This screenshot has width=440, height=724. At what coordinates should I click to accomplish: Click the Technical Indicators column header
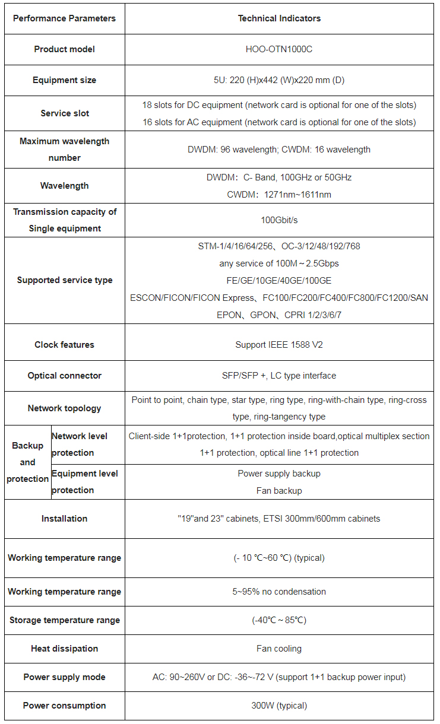tap(279, 18)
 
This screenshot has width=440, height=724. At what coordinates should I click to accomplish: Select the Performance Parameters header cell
tap(64, 18)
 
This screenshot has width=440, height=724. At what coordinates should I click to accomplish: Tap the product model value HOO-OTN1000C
tap(279, 49)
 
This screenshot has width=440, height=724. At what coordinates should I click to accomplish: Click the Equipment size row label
tap(64, 80)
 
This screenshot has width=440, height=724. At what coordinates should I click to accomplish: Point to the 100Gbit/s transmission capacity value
tap(279, 220)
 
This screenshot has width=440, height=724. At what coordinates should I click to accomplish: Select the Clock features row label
tap(64, 345)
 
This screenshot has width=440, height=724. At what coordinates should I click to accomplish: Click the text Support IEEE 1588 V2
tap(279, 345)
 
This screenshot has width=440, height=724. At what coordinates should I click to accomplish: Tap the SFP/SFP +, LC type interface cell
tap(279, 376)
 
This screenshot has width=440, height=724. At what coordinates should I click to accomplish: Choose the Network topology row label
tap(64, 408)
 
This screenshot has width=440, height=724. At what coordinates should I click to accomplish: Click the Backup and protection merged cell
tap(27, 462)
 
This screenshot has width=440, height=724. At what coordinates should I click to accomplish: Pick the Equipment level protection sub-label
tap(85, 482)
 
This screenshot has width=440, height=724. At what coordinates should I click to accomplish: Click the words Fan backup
tap(279, 491)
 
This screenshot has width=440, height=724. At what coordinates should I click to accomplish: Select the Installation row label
tap(64, 519)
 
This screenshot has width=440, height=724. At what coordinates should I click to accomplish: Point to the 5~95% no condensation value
tap(279, 592)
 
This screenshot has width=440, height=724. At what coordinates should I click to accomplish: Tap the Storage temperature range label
tap(64, 620)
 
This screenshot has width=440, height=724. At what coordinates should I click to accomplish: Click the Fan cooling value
tap(279, 649)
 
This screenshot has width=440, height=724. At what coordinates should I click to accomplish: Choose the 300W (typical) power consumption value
tap(279, 706)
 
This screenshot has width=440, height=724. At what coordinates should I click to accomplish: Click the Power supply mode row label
tap(64, 677)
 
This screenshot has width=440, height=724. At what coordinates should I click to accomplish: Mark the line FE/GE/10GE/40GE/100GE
tap(279, 281)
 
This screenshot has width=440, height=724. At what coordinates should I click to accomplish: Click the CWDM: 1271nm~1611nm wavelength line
tap(279, 195)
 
